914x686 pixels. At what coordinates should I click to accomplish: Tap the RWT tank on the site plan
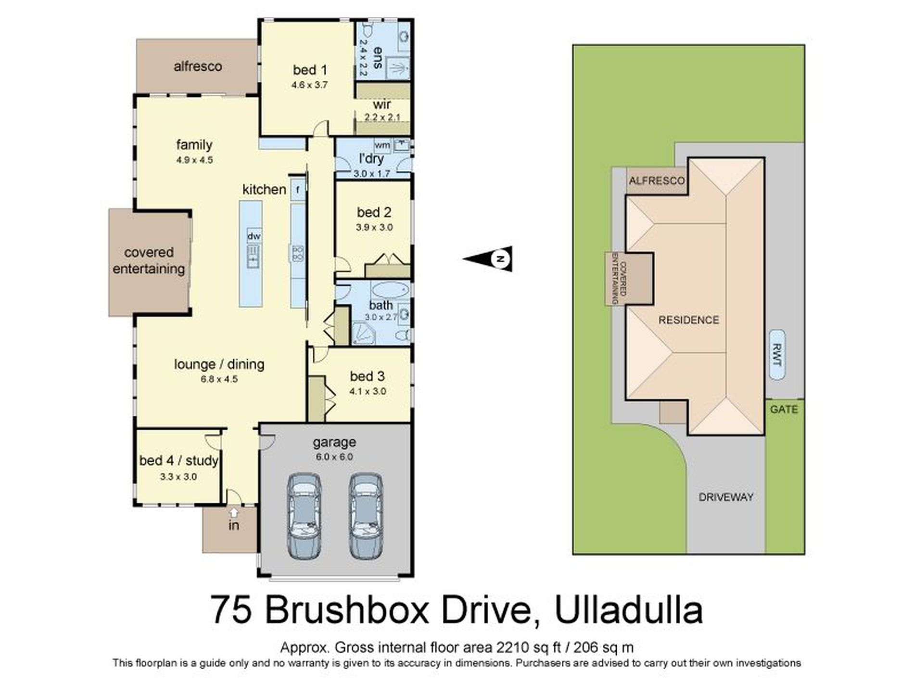coord(776,355)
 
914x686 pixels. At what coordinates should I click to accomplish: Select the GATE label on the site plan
coord(784,409)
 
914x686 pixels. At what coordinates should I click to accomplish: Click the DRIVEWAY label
coord(725,497)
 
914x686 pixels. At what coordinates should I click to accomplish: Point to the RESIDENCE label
coord(688,320)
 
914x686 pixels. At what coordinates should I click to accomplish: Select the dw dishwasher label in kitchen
coord(254,236)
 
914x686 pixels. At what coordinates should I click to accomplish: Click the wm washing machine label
coord(382,144)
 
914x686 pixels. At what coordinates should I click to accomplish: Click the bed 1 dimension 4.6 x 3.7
coord(309,85)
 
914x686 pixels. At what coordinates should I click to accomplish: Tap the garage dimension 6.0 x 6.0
coord(334,457)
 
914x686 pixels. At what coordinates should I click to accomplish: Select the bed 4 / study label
coord(178,461)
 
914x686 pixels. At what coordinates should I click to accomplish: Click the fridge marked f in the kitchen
coord(298,190)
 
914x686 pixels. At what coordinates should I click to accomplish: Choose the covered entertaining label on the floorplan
coord(149,260)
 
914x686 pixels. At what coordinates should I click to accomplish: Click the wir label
coord(381,104)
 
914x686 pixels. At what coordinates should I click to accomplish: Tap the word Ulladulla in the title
coord(629,610)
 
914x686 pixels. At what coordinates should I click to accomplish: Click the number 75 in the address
coord(230,610)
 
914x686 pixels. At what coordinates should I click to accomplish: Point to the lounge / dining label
coord(219,364)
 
